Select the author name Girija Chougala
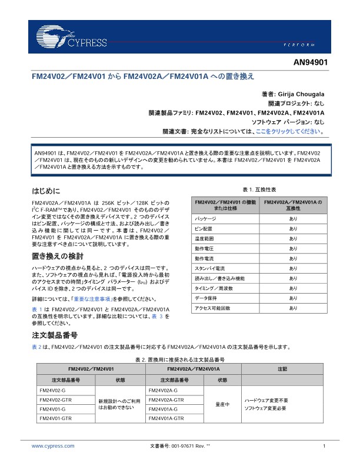[x=300, y=95]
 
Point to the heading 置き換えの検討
[x=57, y=257]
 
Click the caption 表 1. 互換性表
[x=259, y=189]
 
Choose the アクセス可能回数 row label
[x=212, y=308]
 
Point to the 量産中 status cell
[x=222, y=404]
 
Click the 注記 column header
[x=282, y=368]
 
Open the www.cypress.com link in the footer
[x=53, y=446]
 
